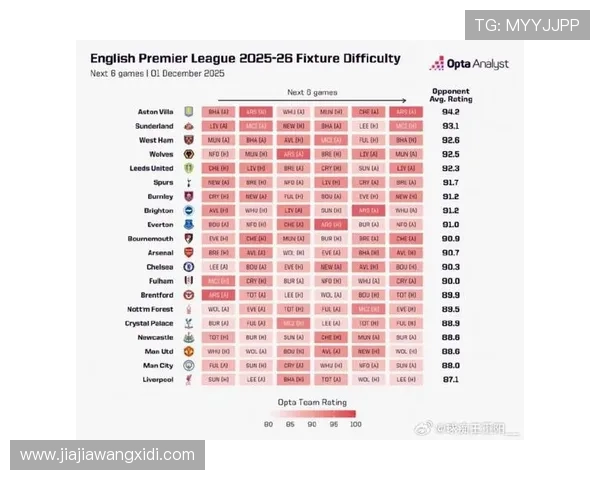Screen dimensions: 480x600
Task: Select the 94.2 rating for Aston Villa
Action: click(450, 112)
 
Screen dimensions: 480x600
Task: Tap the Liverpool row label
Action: click(160, 380)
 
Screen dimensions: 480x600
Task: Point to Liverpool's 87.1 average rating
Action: click(450, 380)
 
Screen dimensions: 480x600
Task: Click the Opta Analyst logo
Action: click(469, 63)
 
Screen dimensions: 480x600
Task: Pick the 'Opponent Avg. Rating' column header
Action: click(450, 95)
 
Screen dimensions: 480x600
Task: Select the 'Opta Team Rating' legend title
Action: click(311, 400)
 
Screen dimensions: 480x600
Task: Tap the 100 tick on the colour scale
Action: click(355, 425)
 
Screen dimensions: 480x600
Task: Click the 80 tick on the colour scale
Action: click(269, 425)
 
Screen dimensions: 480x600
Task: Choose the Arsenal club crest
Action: click(188, 253)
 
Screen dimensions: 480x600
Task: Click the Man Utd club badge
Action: click(188, 352)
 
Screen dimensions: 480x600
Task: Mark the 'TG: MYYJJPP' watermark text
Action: click(526, 25)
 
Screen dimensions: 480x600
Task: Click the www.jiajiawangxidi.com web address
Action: click(107, 455)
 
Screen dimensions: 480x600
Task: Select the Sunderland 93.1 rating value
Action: click(450, 126)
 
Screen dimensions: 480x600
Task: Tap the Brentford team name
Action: click(158, 295)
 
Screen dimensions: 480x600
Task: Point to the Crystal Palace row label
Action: click(150, 324)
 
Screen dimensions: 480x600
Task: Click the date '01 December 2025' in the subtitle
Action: click(189, 73)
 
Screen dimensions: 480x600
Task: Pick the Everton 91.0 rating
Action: click(450, 225)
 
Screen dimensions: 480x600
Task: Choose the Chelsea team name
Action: click(160, 267)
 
